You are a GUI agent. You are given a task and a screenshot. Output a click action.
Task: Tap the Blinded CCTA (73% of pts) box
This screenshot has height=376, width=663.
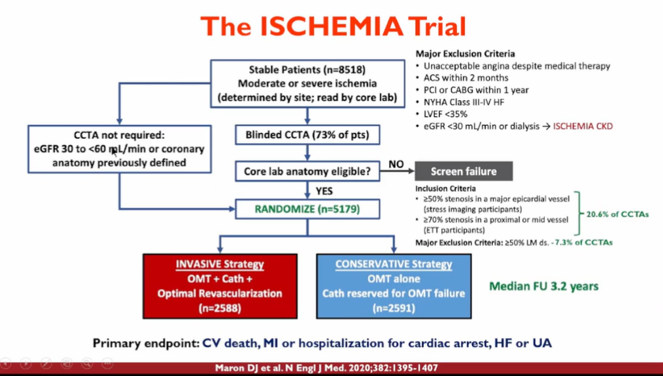307,136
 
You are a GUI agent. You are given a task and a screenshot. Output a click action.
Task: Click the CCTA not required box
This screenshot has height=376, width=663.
119,149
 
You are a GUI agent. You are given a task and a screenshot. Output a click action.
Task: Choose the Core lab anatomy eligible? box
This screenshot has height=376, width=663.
307,172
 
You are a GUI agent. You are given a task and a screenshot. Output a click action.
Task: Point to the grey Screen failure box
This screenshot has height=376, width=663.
463,172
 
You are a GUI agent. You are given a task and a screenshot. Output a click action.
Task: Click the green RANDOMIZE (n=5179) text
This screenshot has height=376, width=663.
307,209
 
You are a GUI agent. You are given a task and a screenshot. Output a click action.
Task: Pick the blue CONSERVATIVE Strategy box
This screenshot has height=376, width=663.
394,286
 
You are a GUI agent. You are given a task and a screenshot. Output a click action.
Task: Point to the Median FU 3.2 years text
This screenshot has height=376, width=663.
543,287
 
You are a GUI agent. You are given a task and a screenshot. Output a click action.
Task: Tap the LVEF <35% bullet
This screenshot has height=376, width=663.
446,114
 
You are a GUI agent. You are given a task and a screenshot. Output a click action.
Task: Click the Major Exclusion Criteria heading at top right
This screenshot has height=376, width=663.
465,54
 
